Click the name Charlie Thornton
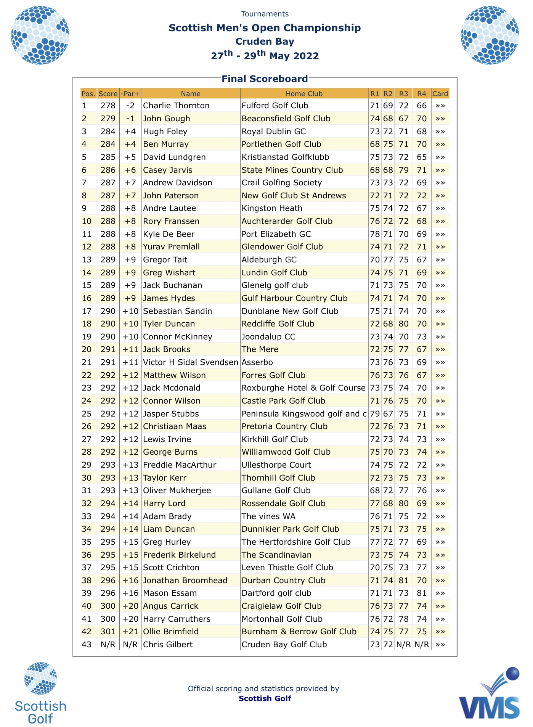pos(176,106)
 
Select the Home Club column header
pos(304,94)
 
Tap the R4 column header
pos(421,94)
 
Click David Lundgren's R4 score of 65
pos(421,157)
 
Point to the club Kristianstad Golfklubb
pos(285,157)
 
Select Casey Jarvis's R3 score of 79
pos(403,170)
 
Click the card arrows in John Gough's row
pos(440,119)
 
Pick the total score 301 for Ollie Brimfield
pos(108,632)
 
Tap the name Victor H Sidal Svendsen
pos(191,362)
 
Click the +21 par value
pos(130,632)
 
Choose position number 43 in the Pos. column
pos(87,645)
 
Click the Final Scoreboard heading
pos(265,79)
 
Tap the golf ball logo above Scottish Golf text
pos(40,678)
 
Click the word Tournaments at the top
pos(265,14)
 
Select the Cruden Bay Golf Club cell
pos(284,645)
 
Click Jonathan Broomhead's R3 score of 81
pos(403,581)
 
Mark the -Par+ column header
pos(130,94)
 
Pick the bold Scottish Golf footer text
pos(265,698)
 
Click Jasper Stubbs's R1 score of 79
pos(375,414)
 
